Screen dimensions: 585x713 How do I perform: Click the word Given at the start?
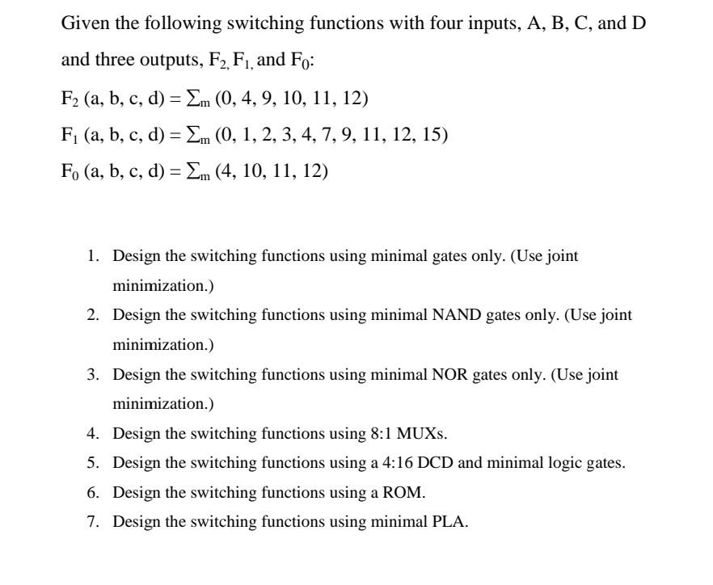(85, 23)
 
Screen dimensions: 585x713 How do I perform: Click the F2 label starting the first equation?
(70, 99)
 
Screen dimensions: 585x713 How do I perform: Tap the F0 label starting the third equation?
(70, 171)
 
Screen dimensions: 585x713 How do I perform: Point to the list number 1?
(93, 256)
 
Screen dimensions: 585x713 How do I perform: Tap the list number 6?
(93, 492)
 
